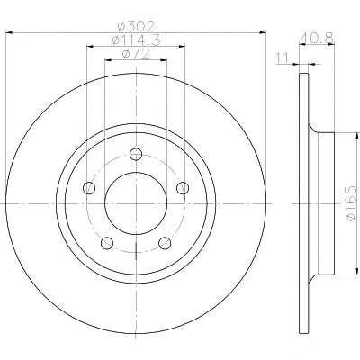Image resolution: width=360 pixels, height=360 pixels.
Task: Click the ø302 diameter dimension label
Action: (136, 26)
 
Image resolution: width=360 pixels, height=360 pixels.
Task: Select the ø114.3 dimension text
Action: (136, 40)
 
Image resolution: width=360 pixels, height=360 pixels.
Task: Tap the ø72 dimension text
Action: (136, 54)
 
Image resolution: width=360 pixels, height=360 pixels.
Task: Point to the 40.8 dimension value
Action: (317, 38)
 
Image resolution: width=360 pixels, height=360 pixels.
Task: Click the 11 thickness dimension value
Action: (283, 58)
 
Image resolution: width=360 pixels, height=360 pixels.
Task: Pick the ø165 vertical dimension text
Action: (351, 203)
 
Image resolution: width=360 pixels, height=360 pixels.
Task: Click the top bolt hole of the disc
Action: (136, 154)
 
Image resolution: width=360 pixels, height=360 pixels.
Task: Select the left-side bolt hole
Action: (89, 188)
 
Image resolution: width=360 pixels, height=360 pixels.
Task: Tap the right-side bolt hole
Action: (183, 188)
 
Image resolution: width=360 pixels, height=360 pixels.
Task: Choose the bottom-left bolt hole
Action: (107, 243)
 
